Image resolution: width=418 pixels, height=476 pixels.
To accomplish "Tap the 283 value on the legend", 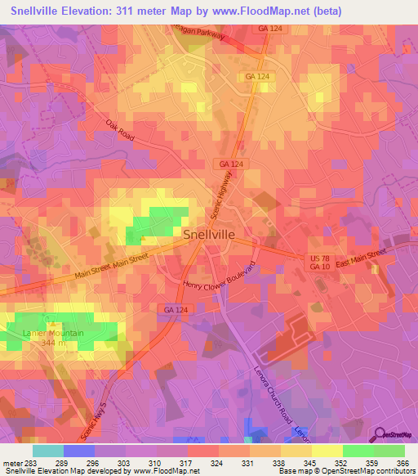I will (33, 462).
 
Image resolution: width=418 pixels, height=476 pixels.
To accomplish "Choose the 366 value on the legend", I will (404, 462).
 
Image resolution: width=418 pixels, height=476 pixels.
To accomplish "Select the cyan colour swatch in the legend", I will (48, 451).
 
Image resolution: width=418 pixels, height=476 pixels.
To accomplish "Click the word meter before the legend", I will (12, 462).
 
